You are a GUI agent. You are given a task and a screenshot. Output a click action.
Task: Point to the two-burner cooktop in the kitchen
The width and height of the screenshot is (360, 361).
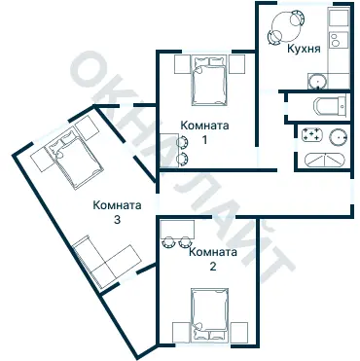pyautogui.click(x=338, y=41)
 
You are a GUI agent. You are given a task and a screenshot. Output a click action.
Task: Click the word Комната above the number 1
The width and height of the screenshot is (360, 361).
pyautogui.click(x=204, y=124)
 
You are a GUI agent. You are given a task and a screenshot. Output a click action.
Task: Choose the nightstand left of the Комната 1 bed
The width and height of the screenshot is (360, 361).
pyautogui.click(x=183, y=63)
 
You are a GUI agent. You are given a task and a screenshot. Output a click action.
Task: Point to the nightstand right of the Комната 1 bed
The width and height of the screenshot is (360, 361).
pyautogui.click(x=234, y=63)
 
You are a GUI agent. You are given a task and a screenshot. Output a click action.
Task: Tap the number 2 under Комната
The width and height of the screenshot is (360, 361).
pyautogui.click(x=212, y=268)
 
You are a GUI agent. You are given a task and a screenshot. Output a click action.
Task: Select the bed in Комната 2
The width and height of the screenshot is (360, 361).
pyautogui.click(x=209, y=318)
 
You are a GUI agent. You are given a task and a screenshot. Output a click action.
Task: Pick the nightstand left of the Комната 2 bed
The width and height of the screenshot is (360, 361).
pyautogui.click(x=181, y=332)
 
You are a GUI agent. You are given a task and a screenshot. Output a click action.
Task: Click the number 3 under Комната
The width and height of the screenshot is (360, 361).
pyautogui.click(x=117, y=221)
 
